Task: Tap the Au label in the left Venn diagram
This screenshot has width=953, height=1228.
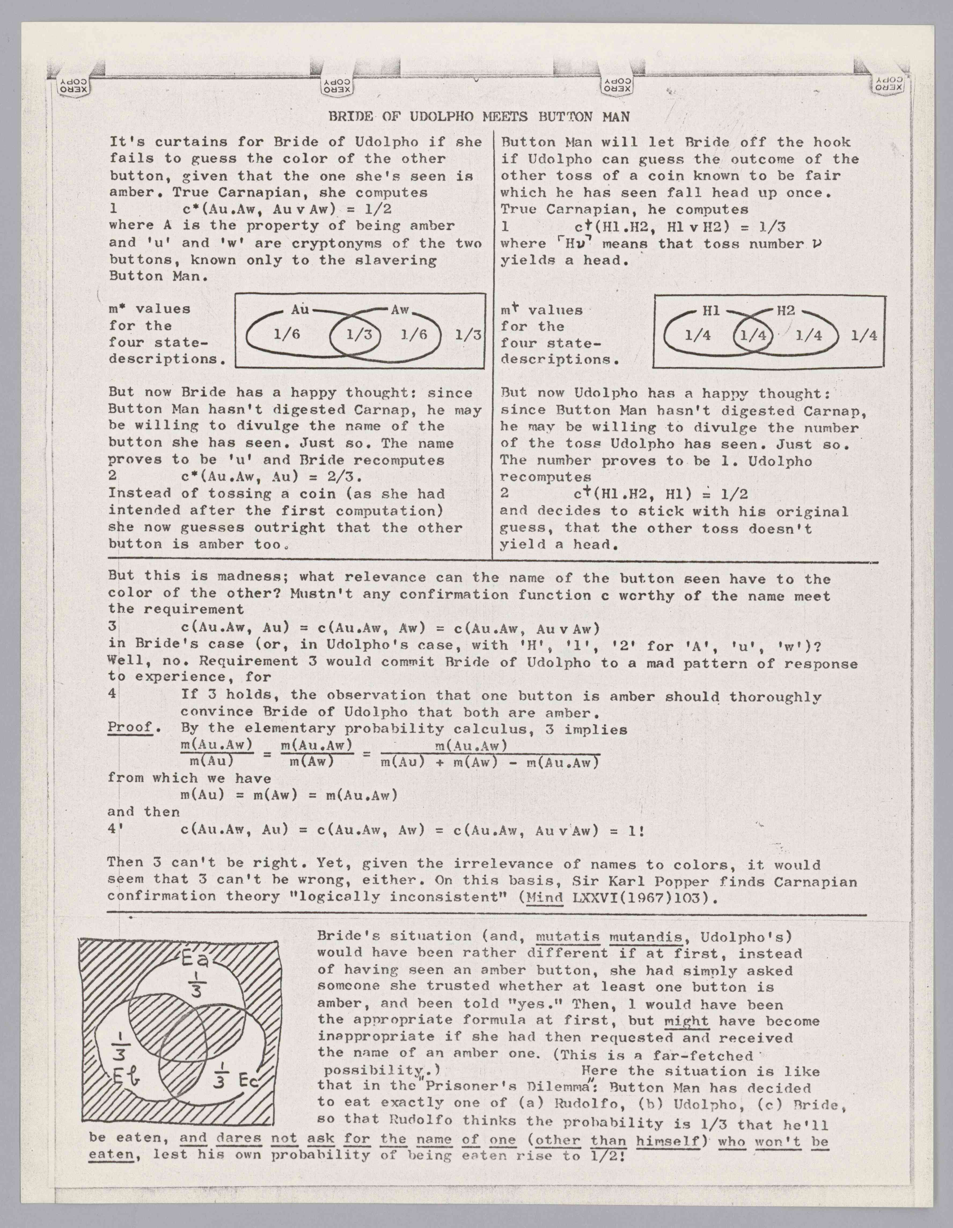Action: [300, 309]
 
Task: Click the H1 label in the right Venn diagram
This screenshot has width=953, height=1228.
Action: [711, 310]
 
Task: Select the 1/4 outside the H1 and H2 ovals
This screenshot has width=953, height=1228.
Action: [864, 336]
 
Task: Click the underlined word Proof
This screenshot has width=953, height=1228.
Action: [130, 727]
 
